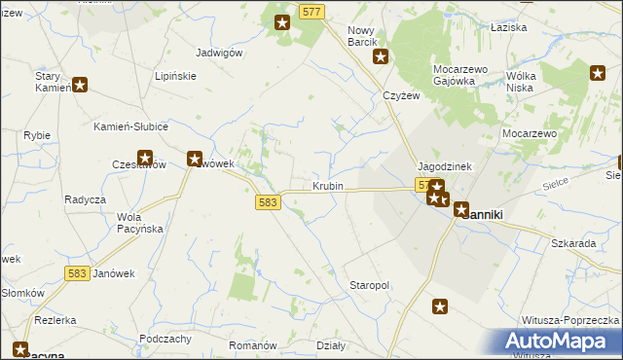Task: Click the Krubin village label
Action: [x=328, y=186]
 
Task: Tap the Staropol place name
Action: [x=369, y=285]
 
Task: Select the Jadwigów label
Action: [x=218, y=54]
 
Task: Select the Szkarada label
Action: [x=573, y=243]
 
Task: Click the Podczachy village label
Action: [x=165, y=338]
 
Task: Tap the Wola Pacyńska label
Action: [x=139, y=222]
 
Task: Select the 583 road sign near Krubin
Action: [x=270, y=202]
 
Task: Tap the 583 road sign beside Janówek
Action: [x=79, y=274]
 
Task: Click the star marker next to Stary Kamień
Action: [x=80, y=85]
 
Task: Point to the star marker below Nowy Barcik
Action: [x=382, y=56]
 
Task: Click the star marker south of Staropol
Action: [x=440, y=307]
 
